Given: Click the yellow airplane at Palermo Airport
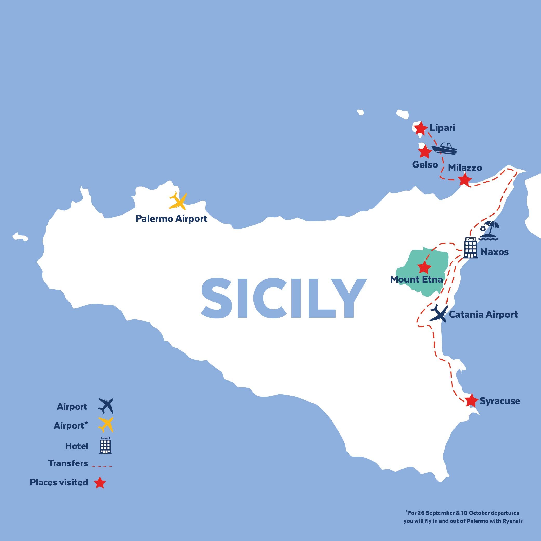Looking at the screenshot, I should (x=178, y=201).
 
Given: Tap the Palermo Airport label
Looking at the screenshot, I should (x=171, y=219).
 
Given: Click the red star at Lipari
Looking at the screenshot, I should (x=420, y=129).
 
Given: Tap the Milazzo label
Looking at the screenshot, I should (x=465, y=168).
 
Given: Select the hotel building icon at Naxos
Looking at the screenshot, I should (x=470, y=248).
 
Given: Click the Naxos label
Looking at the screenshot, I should (x=494, y=252).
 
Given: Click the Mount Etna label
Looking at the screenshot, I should (x=416, y=279).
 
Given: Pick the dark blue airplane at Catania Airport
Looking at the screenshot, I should (x=438, y=314).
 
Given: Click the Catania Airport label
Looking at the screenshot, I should (x=483, y=315).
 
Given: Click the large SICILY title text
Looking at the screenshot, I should (x=283, y=298).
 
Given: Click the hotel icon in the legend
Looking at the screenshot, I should (x=105, y=445).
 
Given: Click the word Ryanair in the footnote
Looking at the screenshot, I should (x=511, y=521).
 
